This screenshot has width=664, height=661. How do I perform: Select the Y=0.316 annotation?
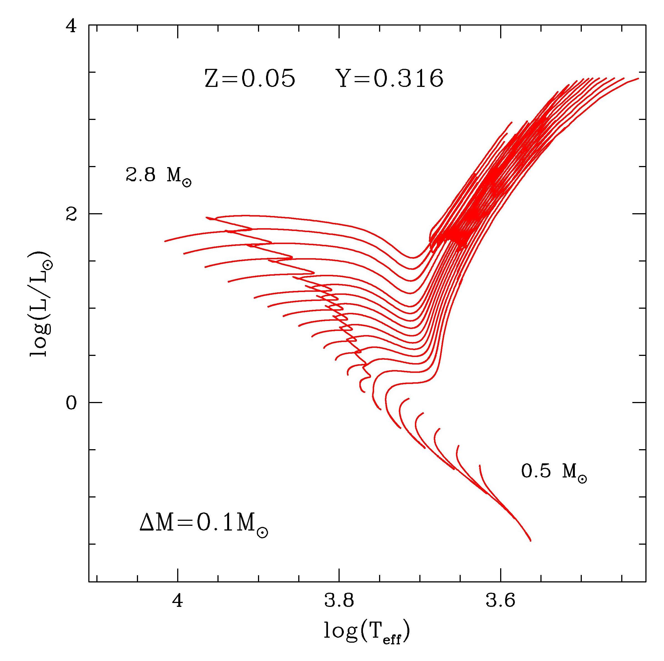(391, 79)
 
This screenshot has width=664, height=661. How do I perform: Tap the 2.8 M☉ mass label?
(158, 176)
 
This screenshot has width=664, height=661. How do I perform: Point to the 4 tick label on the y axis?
(71, 26)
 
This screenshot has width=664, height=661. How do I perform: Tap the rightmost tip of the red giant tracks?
(638, 78)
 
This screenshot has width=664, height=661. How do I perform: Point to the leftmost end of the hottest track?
(165, 242)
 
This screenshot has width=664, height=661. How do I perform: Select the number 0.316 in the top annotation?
(408, 79)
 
